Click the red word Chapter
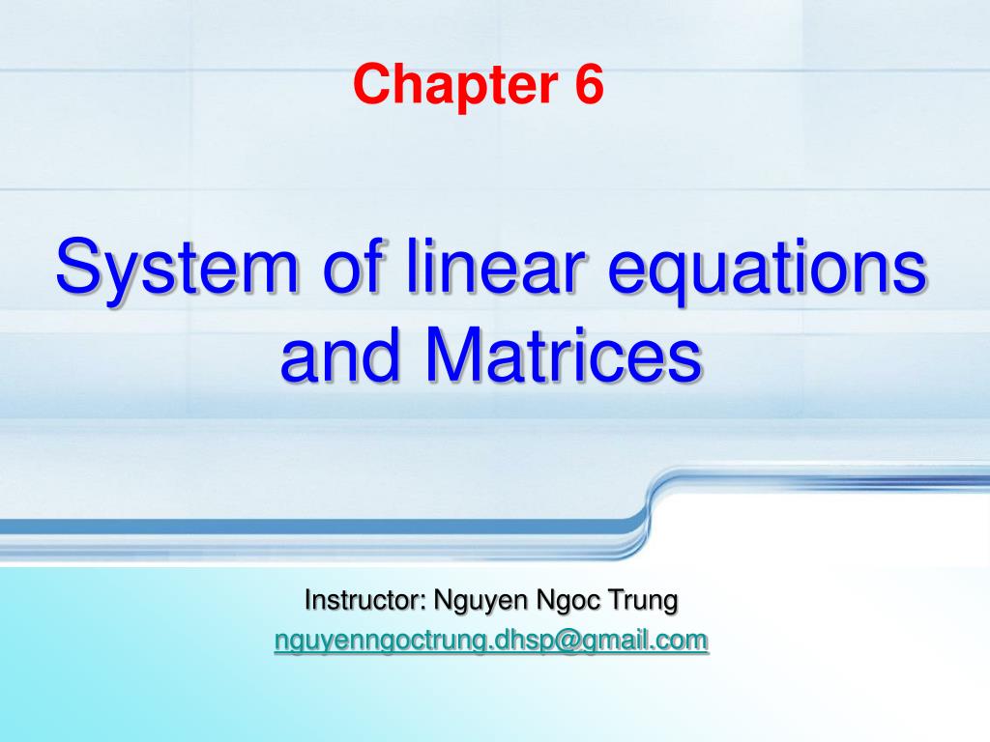pos(456,85)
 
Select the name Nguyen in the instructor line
pos(481,601)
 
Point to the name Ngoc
pos(568,601)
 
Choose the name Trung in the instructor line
pos(643,601)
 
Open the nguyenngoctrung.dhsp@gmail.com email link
pos(491,642)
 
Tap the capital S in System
pos(79,266)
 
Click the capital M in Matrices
pos(454,354)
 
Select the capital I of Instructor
pos(307,599)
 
